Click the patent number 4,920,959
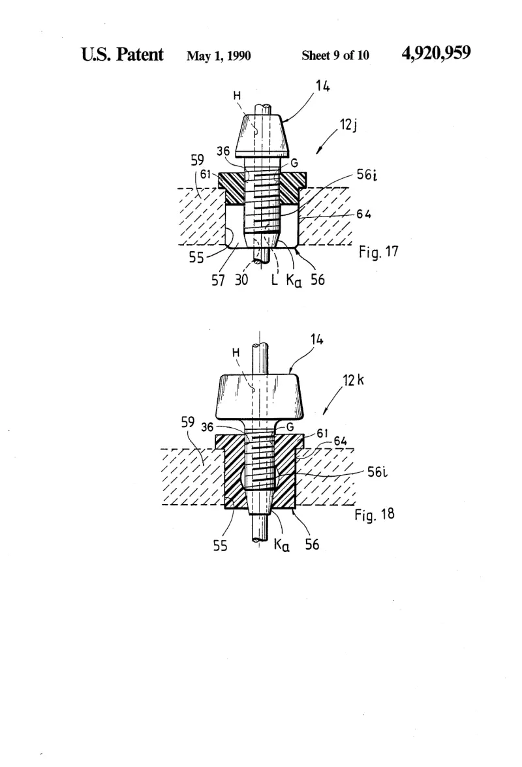pyautogui.click(x=436, y=53)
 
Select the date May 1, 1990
pyautogui.click(x=218, y=56)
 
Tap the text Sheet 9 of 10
pyautogui.click(x=335, y=55)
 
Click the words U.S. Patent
pyautogui.click(x=122, y=54)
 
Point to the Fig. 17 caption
pyautogui.click(x=378, y=252)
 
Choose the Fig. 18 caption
pyautogui.click(x=375, y=515)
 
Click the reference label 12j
pyautogui.click(x=348, y=125)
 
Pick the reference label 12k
pyautogui.click(x=353, y=380)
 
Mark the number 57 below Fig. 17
pyautogui.click(x=218, y=280)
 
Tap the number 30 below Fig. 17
pyautogui.click(x=241, y=280)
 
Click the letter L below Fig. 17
pyautogui.click(x=275, y=280)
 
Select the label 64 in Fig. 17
pyautogui.click(x=364, y=214)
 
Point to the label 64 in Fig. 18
pyautogui.click(x=341, y=441)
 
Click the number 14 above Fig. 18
pyautogui.click(x=316, y=339)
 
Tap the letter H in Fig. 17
pyautogui.click(x=237, y=96)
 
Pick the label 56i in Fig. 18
pyautogui.click(x=377, y=472)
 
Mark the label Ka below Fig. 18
pyautogui.click(x=281, y=545)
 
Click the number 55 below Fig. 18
pyautogui.click(x=220, y=545)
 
